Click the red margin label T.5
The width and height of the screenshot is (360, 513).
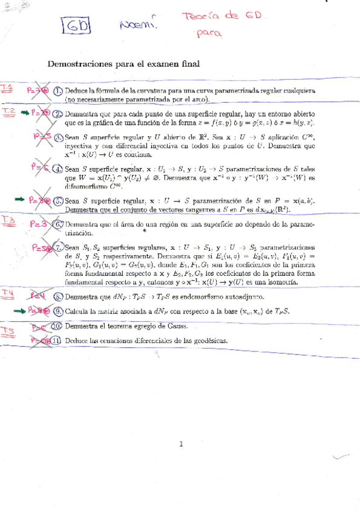(8, 330)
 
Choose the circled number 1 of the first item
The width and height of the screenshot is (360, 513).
(57, 91)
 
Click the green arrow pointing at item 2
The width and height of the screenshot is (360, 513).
(24, 113)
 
